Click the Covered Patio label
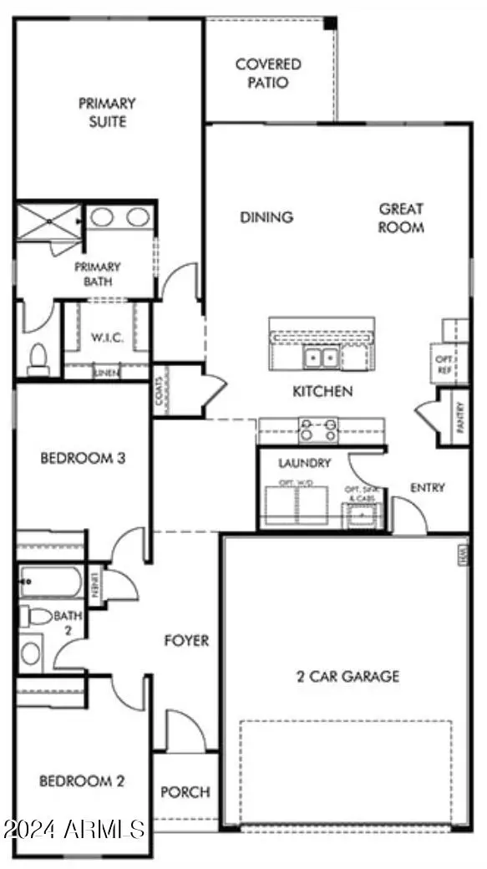(268, 74)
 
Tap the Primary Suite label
(108, 113)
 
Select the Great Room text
(401, 218)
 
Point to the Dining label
(266, 217)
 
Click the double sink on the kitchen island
(321, 358)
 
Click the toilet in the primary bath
(38, 359)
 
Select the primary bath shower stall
(50, 221)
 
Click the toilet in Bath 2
(38, 617)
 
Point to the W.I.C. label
(107, 338)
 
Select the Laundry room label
(305, 463)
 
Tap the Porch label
(185, 791)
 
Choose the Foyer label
(185, 641)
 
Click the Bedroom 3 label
(83, 459)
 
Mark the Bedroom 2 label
(82, 782)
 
